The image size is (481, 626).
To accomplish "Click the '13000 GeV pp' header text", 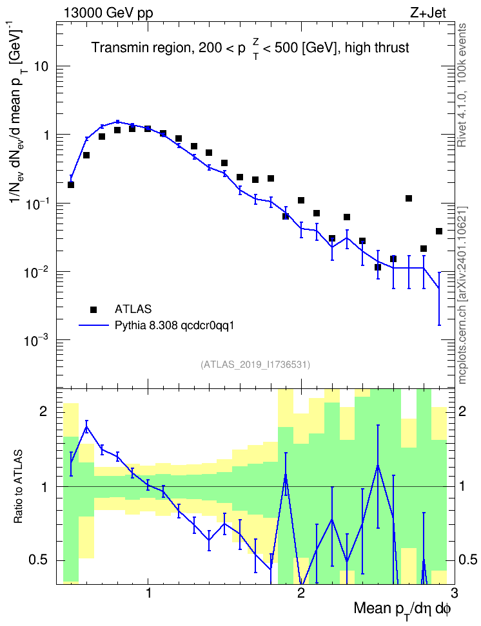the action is [x=108, y=13].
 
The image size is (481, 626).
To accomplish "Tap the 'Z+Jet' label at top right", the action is [x=428, y=13].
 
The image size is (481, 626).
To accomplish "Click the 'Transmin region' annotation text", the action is [x=141, y=48].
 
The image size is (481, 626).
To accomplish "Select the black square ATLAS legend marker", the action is [x=93, y=309].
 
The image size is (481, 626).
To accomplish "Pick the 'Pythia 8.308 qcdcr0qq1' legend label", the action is [x=174, y=326].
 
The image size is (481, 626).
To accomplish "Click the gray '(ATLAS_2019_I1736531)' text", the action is [x=255, y=365].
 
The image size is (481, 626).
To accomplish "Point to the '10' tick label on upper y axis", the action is [x=41, y=66].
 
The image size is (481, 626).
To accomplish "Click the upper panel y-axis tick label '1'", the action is [x=46, y=135].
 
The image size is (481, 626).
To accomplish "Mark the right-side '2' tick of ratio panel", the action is [x=462, y=412].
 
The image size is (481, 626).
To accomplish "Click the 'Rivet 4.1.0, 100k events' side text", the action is [x=462, y=85].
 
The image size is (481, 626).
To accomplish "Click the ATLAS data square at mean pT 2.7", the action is [x=409, y=198].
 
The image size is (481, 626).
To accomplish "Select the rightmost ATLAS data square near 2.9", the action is [x=439, y=231].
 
